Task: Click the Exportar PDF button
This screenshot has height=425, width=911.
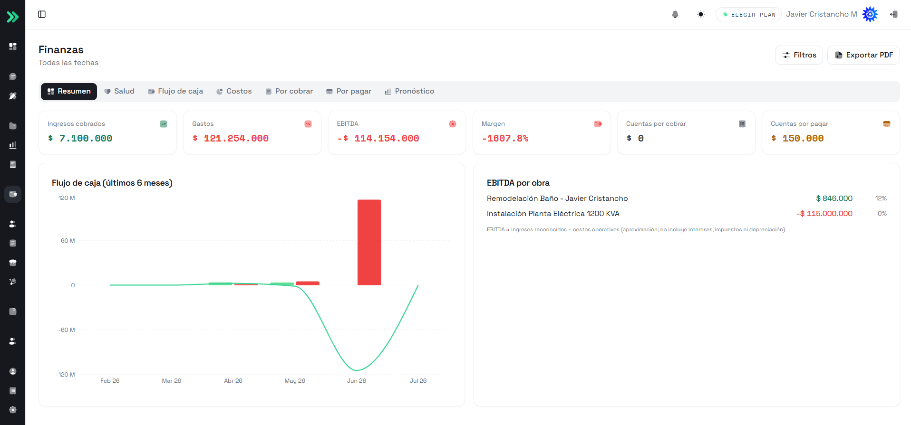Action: [863, 55]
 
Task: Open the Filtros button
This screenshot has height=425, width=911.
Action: [799, 55]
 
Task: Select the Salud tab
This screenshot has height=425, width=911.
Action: [119, 91]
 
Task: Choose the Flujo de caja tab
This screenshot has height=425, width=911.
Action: [175, 91]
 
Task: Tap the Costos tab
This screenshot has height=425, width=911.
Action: [234, 91]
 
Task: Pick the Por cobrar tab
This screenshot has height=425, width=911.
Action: [289, 91]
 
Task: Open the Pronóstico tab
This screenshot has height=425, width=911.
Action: [409, 91]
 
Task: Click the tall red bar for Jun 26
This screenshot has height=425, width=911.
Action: [369, 242]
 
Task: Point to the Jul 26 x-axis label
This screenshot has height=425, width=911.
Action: [418, 381]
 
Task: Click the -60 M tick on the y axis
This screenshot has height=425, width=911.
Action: [67, 330]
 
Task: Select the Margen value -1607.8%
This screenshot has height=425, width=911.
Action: [505, 138]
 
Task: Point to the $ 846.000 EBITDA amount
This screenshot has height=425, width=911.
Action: [834, 198]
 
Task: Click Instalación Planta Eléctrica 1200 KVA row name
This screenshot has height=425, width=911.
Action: [553, 214]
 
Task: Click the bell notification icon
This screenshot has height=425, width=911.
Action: [675, 14]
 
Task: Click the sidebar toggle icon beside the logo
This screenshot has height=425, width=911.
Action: [42, 14]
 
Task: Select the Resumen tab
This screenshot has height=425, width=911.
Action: [69, 91]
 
